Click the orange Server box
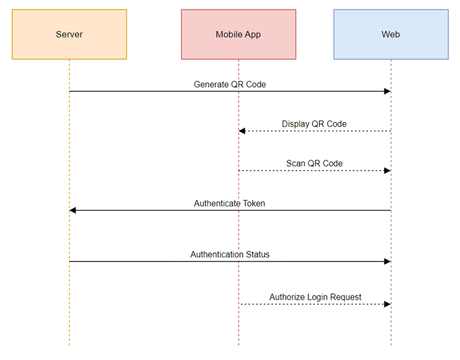coord(69,34)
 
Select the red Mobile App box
coord(238,34)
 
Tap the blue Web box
coord(391,34)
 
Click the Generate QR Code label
coord(229,85)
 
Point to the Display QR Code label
coord(314,124)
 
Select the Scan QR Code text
coord(314,163)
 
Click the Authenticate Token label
coord(229,203)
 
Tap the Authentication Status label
coord(229,255)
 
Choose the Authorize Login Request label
coord(315,297)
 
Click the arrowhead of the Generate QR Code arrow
coord(387,91)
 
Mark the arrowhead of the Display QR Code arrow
coord(242,131)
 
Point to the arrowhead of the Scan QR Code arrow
coord(387,170)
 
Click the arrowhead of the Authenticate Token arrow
coord(73,210)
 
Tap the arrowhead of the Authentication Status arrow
coord(387,262)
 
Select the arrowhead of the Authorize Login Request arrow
coord(387,304)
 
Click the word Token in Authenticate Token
coord(253,203)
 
